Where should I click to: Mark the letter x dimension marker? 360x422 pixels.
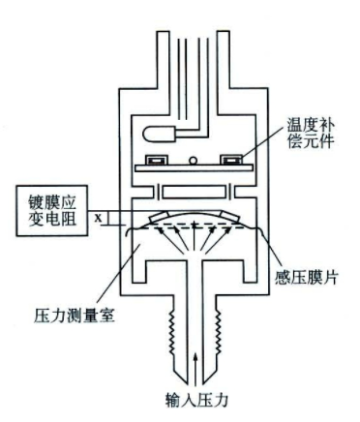[x=98, y=218]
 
